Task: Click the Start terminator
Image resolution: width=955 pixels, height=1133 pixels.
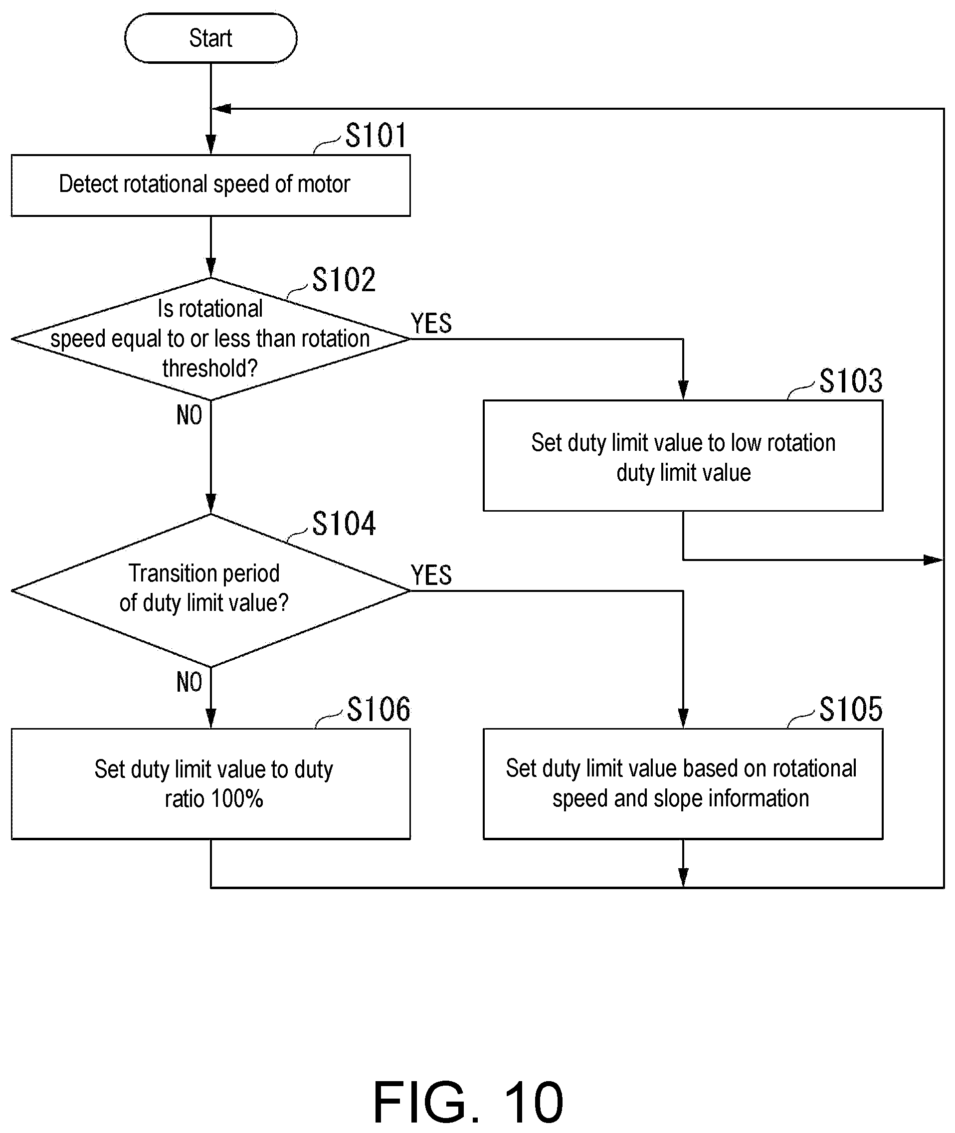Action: (x=210, y=38)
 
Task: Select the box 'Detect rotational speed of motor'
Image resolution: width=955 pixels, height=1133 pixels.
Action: (x=210, y=186)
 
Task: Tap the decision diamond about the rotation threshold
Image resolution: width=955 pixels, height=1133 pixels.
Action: (x=210, y=339)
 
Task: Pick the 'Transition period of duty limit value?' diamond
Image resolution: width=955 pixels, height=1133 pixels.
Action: (x=210, y=590)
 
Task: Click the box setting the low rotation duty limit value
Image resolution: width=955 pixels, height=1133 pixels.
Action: (x=683, y=456)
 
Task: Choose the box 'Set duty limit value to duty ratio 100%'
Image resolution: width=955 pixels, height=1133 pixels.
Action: (x=210, y=784)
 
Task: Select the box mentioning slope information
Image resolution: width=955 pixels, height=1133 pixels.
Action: (x=683, y=784)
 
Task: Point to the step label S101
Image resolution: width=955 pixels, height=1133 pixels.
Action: (x=376, y=135)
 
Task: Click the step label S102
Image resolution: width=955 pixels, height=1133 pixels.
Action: (x=344, y=280)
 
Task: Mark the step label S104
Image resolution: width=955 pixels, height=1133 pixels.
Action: (x=344, y=524)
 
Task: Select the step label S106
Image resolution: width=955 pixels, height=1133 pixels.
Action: (x=379, y=709)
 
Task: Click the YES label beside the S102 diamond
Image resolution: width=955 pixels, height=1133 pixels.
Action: (x=431, y=324)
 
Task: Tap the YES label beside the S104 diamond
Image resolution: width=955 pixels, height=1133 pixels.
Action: (x=431, y=575)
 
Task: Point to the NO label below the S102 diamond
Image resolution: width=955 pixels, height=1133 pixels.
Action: (x=190, y=415)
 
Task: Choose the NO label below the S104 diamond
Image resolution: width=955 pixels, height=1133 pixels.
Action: (x=190, y=682)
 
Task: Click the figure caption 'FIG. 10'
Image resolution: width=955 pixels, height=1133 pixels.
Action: (x=468, y=1102)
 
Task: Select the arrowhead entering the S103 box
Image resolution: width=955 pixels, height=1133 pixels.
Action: (x=683, y=390)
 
